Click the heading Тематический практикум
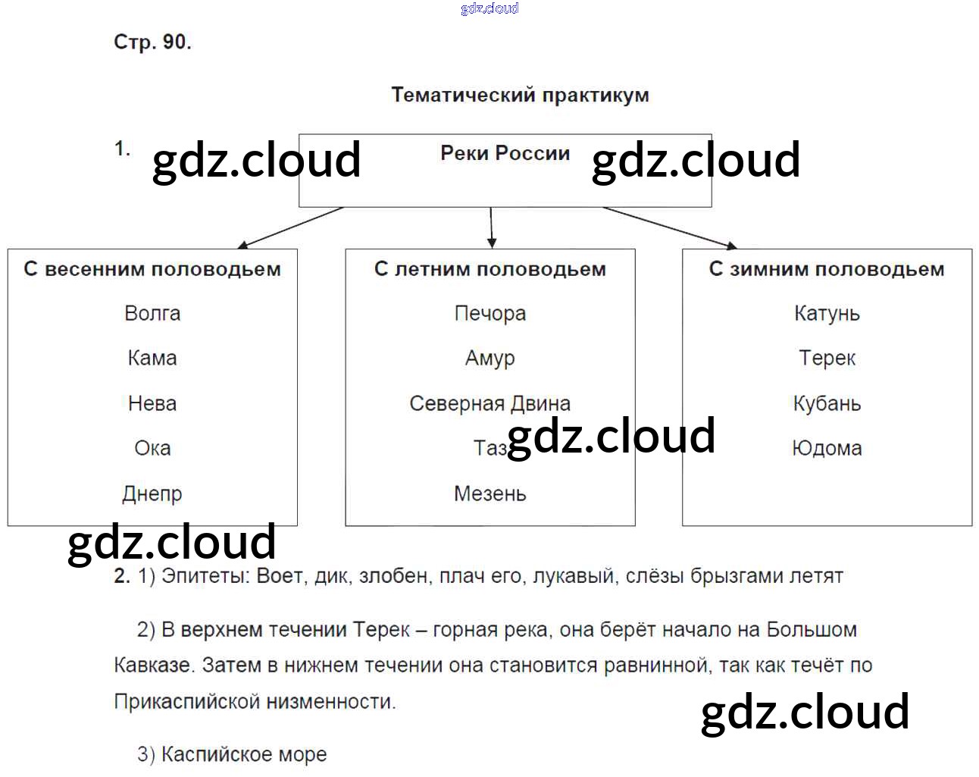click(x=520, y=96)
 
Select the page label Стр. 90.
click(x=152, y=42)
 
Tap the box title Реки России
click(x=505, y=153)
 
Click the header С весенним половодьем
click(x=152, y=269)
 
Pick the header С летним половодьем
click(x=490, y=269)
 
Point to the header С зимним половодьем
click(x=827, y=269)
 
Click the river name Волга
click(x=152, y=313)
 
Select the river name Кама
click(x=152, y=358)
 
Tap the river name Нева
click(x=152, y=403)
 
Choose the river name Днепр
click(x=152, y=493)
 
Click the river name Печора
click(x=490, y=313)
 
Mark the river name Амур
click(x=490, y=358)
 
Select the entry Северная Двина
click(x=490, y=403)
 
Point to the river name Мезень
click(x=490, y=493)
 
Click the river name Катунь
click(x=827, y=313)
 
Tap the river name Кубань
click(x=827, y=403)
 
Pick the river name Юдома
click(x=827, y=448)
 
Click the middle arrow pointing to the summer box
click(x=492, y=227)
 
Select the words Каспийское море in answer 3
click(x=244, y=754)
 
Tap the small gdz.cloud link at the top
click(x=489, y=8)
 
